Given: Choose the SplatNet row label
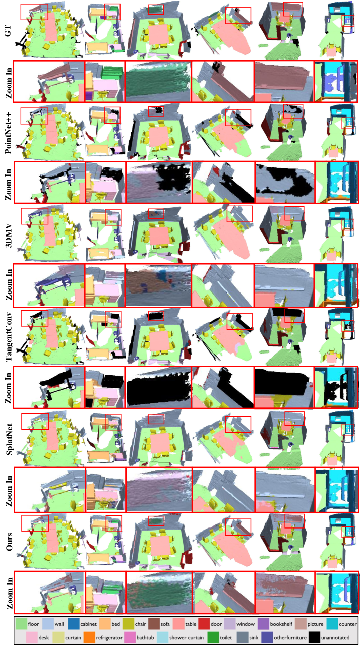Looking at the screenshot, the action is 9,439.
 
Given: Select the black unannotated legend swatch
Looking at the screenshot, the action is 314,637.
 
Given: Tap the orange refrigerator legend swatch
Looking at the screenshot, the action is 89,637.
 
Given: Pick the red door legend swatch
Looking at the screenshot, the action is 204,624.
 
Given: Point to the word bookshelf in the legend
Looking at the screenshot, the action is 281,624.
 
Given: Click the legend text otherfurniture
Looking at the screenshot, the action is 290,637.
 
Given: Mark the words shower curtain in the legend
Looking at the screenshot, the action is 187,637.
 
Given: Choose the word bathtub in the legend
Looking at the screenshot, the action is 145,637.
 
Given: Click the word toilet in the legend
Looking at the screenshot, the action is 226,637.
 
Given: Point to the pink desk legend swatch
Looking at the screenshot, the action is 32,637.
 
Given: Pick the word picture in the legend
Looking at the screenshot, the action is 315,624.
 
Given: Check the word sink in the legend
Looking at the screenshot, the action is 254,637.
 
